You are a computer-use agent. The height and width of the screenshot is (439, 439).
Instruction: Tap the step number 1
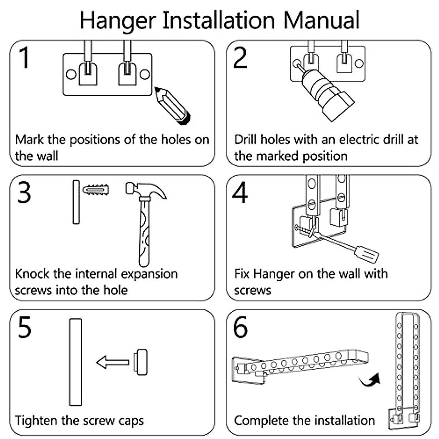click(24, 57)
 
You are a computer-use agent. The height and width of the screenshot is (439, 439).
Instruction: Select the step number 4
click(240, 192)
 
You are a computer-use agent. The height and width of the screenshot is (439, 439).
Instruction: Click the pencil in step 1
click(172, 105)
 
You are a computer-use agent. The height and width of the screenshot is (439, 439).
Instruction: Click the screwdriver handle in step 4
click(367, 254)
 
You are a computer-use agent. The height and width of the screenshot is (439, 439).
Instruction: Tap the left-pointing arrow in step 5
click(113, 363)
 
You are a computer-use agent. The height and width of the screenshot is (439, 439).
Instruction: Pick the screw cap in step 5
click(140, 362)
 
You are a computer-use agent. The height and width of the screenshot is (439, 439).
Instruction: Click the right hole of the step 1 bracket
click(145, 74)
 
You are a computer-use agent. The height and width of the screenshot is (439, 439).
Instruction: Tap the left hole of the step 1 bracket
click(71, 75)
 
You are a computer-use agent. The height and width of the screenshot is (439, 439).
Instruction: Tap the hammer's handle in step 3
click(144, 234)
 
